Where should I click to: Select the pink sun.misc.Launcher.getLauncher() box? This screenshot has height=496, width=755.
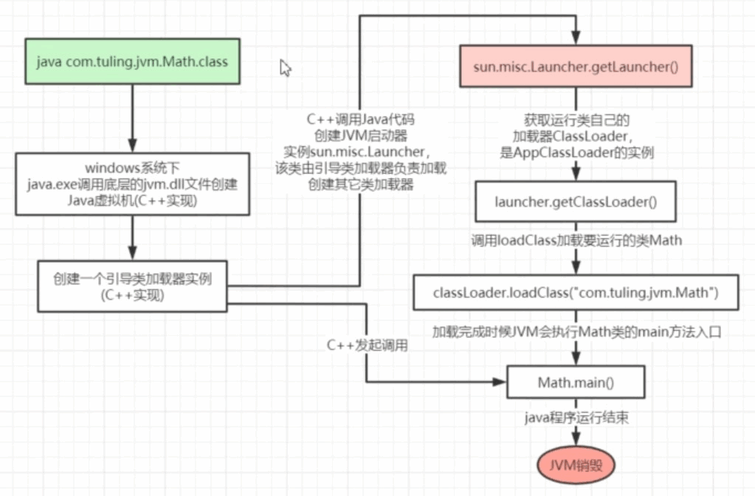point(575,67)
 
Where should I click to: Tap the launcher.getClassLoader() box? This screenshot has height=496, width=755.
point(575,202)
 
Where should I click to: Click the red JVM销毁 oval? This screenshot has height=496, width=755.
point(575,465)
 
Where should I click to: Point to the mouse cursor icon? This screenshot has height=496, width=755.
point(286,68)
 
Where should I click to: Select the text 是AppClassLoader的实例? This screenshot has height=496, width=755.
point(575,153)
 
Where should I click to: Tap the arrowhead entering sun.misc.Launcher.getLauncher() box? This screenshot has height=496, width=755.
point(575,38)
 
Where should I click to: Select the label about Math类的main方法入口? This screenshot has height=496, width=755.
point(575,333)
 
